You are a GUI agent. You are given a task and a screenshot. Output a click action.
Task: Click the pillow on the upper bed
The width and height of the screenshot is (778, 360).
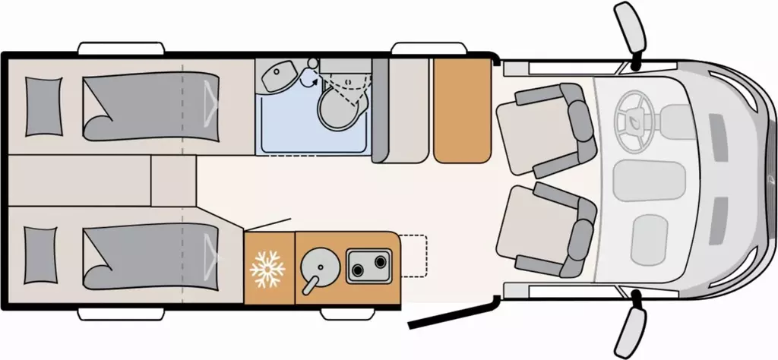(43, 108)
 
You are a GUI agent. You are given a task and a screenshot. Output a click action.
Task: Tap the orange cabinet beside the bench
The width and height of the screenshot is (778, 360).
(460, 110)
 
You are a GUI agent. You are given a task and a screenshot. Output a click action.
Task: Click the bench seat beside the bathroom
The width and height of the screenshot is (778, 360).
(400, 110)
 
